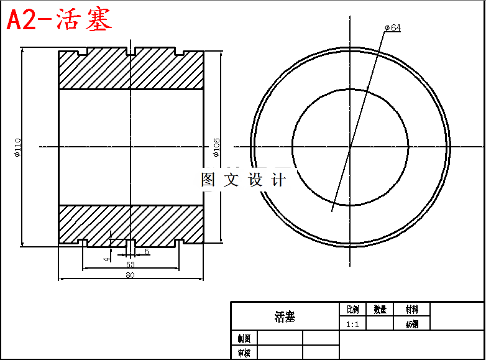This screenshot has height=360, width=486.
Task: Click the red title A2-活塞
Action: click(59, 21)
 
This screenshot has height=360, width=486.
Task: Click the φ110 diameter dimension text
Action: click(18, 147)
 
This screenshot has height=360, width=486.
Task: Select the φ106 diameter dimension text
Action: click(216, 147)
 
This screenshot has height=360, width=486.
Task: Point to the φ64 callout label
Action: click(392, 28)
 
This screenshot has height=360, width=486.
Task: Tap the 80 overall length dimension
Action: click(130, 275)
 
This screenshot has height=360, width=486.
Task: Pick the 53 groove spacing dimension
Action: click(130, 264)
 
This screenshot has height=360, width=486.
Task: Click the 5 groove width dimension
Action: click(147, 251)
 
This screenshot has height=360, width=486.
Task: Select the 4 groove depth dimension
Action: click(107, 258)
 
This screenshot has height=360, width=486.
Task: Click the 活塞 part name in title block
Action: click(285, 317)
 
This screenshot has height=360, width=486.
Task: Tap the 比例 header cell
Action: click(352, 309)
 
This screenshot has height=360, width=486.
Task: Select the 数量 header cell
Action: click(380, 309)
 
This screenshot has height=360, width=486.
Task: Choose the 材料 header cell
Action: click(411, 309)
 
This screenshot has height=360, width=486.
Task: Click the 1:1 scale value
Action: click(352, 324)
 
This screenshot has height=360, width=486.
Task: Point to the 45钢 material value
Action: click(411, 324)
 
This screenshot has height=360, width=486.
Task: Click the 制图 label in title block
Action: click(244, 338)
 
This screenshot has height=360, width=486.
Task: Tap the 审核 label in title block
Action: click(244, 353)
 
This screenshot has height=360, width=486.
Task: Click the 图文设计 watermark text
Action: click(243, 180)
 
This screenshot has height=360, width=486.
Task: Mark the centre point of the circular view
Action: click(350, 147)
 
